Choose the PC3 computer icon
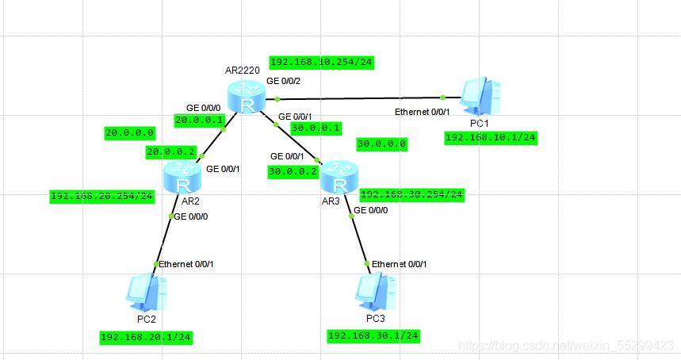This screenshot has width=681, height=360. [374, 293]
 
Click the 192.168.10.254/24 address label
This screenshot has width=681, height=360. [321, 63]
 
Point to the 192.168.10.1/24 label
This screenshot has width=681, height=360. [491, 138]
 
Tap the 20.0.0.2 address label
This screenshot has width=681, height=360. [170, 151]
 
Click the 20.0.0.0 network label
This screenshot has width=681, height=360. [130, 133]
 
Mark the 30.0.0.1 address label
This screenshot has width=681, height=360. [316, 127]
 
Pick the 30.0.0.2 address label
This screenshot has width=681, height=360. [293, 170]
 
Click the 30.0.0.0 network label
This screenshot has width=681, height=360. [382, 144]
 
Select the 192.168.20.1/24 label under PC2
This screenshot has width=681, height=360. [147, 337]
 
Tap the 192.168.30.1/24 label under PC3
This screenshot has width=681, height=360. [373, 335]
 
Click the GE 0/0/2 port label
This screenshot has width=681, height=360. [283, 81]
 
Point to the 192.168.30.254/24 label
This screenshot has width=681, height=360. [412, 194]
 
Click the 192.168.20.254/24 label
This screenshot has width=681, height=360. [102, 196]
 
